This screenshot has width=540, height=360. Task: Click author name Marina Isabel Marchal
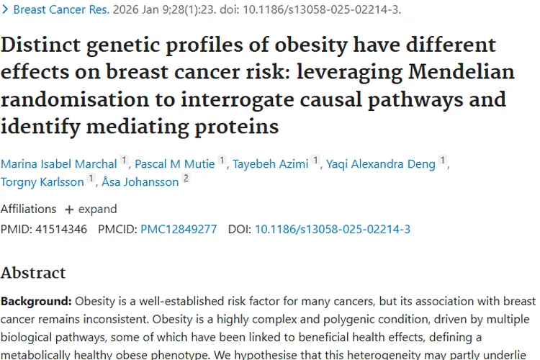[x=59, y=164]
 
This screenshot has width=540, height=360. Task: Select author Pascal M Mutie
[x=174, y=164]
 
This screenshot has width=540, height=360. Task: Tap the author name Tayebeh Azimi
[x=269, y=164]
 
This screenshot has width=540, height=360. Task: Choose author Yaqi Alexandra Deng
[x=381, y=164]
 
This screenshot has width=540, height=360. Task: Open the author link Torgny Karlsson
[x=42, y=182]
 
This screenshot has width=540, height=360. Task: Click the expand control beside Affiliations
[x=91, y=210]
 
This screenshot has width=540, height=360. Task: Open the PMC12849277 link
[x=179, y=230]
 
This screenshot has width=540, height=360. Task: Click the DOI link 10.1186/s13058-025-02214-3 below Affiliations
[x=333, y=230]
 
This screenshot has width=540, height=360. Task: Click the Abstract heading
[x=33, y=273]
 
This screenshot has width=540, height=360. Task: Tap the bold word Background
[x=35, y=301]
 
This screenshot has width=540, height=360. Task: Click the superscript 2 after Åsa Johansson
[x=186, y=179]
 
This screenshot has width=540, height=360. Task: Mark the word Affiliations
[x=28, y=210]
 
